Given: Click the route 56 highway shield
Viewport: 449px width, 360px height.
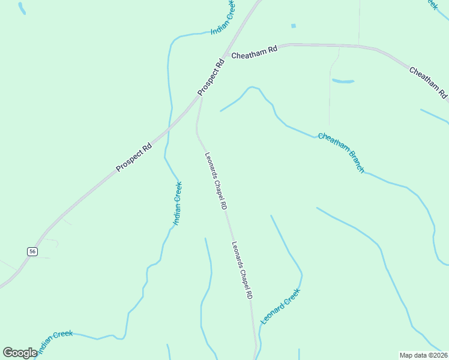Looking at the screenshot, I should click(32, 252).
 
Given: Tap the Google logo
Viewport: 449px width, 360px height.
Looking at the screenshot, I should click(20, 353).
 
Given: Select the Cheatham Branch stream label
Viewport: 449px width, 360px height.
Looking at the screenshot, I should click(341, 153).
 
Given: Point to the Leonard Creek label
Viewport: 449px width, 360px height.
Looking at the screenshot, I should click(280, 307).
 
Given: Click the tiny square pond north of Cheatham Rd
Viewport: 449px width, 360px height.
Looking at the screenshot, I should click(294, 26).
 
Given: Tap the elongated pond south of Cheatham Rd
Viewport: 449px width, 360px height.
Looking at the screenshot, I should click(343, 81).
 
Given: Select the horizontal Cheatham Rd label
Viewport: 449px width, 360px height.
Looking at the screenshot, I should click(255, 52).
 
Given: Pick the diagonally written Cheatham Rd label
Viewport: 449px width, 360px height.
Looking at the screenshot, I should click(429, 83).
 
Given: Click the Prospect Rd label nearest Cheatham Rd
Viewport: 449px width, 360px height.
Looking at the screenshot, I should click(211, 76).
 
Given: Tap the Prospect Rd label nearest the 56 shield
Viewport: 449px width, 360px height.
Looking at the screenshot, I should click(134, 157).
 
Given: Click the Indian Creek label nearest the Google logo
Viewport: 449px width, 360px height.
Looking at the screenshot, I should click(55, 341).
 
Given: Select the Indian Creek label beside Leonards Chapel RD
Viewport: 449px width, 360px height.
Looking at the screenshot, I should click(178, 203).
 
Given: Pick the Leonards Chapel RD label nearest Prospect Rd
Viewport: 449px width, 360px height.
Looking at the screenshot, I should click(215, 180).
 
